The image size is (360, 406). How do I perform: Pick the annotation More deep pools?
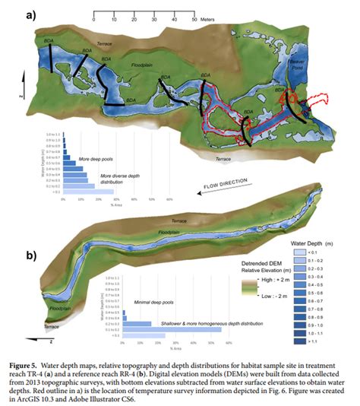pyautogui.click(x=95, y=159)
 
